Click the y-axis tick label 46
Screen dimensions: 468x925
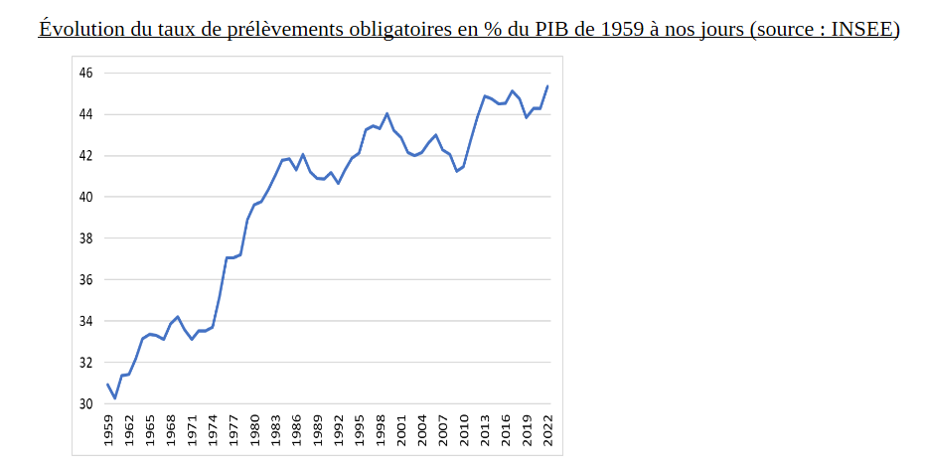click(86, 74)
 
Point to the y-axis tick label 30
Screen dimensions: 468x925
click(86, 404)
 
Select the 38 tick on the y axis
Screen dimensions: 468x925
click(86, 238)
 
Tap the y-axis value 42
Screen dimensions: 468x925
click(86, 156)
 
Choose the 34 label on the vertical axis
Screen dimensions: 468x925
click(86, 321)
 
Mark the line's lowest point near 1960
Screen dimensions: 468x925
click(115, 398)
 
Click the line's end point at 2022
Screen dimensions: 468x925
click(547, 86)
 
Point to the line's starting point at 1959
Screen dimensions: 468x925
click(107, 385)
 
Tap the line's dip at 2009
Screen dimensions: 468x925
click(457, 171)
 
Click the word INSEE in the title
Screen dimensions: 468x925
click(859, 29)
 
